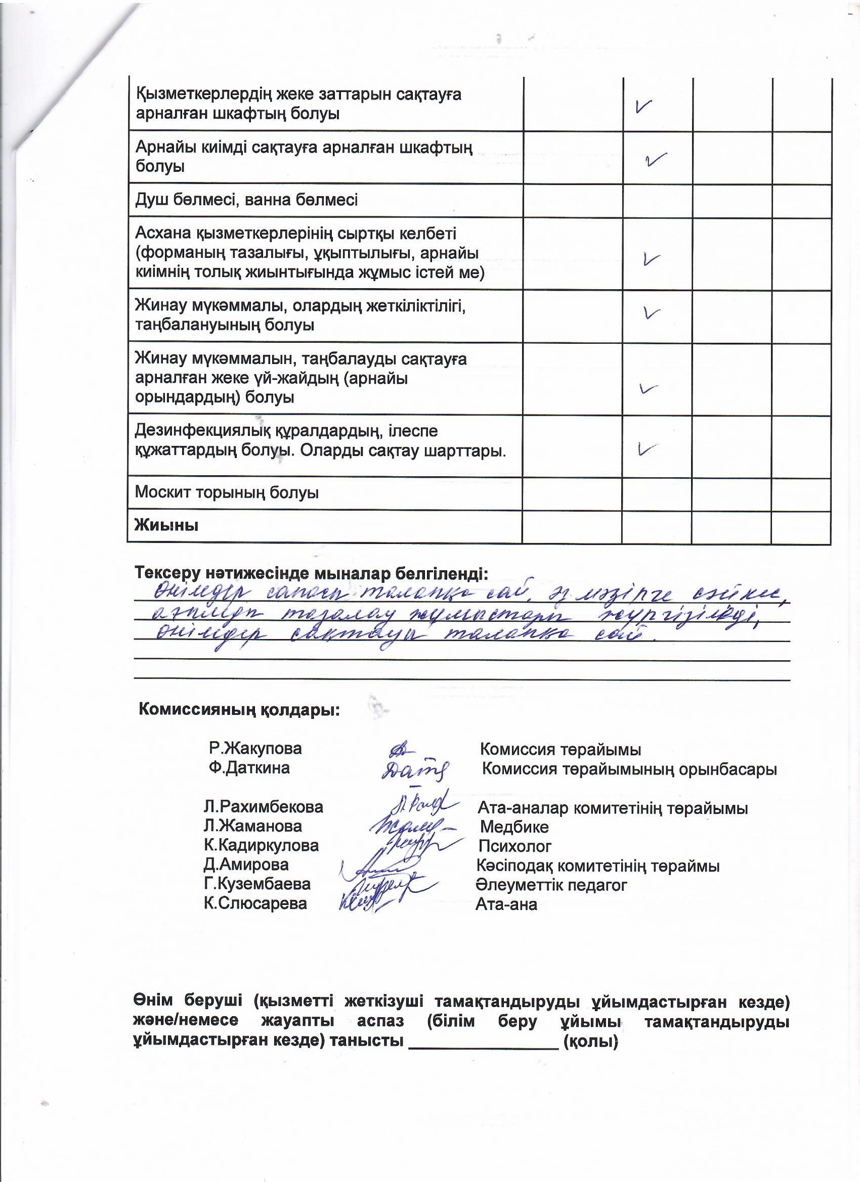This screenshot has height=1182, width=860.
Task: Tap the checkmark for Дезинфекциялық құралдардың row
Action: tap(647, 448)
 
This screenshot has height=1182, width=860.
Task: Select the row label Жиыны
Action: tap(166, 525)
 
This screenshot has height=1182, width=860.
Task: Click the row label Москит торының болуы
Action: tap(226, 492)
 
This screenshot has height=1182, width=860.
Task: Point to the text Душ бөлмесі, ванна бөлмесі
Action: tap(246, 200)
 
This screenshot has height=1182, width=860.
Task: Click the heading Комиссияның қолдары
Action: tap(239, 710)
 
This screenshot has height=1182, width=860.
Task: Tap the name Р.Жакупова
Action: tap(255, 749)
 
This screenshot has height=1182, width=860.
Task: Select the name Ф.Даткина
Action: tap(249, 767)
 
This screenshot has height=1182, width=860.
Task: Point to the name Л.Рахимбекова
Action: tap(264, 807)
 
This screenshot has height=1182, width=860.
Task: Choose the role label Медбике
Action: tap(513, 827)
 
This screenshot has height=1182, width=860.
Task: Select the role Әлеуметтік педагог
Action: tap(551, 884)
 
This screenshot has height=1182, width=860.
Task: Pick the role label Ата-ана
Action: tap(506, 904)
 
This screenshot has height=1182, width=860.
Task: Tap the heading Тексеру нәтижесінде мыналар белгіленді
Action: tap(312, 573)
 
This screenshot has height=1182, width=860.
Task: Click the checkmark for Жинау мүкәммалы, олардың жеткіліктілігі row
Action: tap(652, 313)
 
